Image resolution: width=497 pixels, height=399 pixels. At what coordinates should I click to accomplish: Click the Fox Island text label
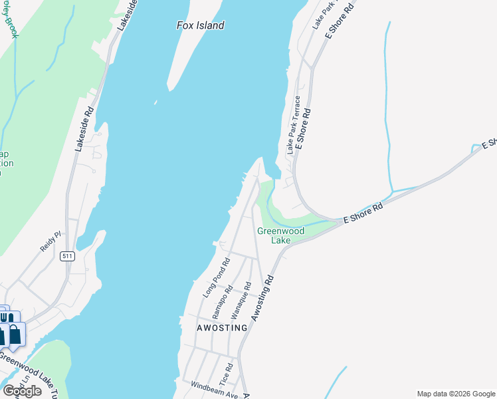click(x=200, y=25)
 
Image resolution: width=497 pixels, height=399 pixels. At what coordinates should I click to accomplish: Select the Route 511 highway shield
click(x=66, y=256)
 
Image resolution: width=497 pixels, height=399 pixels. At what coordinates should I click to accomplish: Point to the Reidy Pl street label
click(x=50, y=241)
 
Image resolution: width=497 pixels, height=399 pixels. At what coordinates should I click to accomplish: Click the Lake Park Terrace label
click(x=293, y=126)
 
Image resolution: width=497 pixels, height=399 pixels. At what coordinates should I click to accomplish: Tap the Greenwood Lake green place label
click(x=280, y=235)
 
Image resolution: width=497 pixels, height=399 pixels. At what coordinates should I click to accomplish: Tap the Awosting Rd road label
click(x=260, y=302)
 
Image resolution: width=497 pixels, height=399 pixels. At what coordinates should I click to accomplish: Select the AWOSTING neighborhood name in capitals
click(x=222, y=328)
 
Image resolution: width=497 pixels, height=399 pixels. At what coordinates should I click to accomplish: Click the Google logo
click(x=21, y=391)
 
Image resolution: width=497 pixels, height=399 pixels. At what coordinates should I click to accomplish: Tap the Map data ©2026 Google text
click(x=455, y=394)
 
